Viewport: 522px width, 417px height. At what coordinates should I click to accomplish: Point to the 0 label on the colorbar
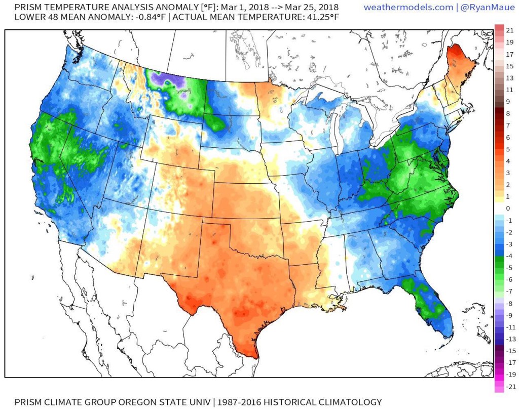pyautogui.click(x=508, y=209)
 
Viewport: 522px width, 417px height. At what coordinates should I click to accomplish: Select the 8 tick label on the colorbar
pyautogui.click(x=508, y=114)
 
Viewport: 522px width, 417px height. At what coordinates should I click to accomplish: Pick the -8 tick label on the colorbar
pyautogui.click(x=509, y=303)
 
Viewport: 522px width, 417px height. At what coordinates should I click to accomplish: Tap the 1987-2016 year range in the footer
pyautogui.click(x=239, y=402)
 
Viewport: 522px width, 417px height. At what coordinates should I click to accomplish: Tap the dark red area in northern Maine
pyautogui.click(x=456, y=53)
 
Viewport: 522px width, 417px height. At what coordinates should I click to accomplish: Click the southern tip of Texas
pyautogui.click(x=250, y=351)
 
